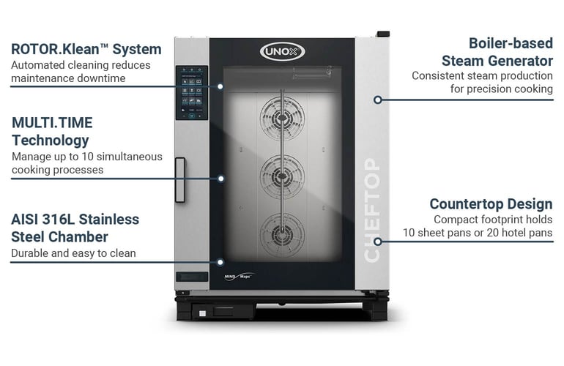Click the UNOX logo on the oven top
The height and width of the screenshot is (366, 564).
pyautogui.click(x=282, y=52)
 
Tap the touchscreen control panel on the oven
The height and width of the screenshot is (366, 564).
pyautogui.click(x=191, y=94)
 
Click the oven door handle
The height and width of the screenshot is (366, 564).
pyautogui.click(x=179, y=179)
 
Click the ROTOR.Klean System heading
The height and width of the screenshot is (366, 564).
pyautogui.click(x=86, y=50)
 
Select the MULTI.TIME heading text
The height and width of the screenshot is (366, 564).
pyautogui.click(x=52, y=122)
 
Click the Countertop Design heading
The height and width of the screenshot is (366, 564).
pyautogui.click(x=491, y=203)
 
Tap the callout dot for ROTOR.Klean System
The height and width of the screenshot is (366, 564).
pyautogui.click(x=220, y=86)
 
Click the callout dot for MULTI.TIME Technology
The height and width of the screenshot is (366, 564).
pyautogui.click(x=220, y=178)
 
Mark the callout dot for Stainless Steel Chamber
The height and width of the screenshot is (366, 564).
pyautogui.click(x=220, y=261)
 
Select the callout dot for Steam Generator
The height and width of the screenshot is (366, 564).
pyautogui.click(x=378, y=100)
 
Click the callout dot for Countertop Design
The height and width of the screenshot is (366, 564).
pyautogui.click(x=378, y=241)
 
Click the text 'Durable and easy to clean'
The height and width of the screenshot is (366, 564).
pyautogui.click(x=73, y=254)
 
